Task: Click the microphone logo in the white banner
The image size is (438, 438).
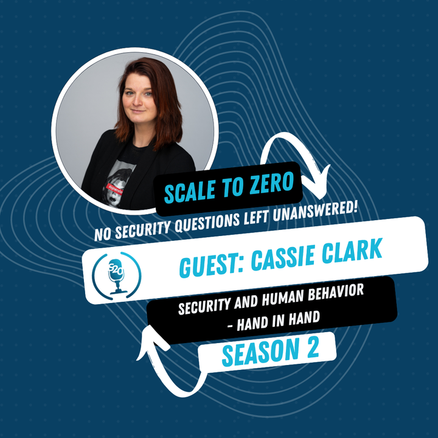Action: tap(116, 276)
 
